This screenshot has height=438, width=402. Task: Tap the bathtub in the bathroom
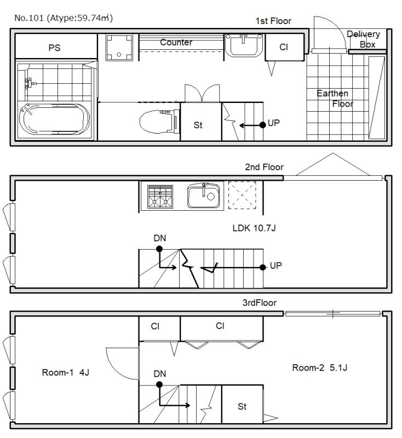[54, 119]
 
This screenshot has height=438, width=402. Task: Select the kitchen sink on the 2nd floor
[203, 195]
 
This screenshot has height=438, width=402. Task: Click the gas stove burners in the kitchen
[160, 197]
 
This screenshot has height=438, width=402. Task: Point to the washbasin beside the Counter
[244, 45]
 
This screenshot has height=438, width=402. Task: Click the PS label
[54, 48]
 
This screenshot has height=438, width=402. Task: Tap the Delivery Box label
[364, 39]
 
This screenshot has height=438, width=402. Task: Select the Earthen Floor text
[335, 99]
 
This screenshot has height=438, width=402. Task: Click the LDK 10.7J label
[254, 228]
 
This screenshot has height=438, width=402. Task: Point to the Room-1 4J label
[65, 372]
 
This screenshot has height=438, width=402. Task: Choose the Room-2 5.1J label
[320, 367]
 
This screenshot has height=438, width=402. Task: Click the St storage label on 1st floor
[198, 125]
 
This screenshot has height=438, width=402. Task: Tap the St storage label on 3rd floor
[242, 406]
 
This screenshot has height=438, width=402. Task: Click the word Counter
[176, 42]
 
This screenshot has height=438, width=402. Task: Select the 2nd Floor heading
[264, 167]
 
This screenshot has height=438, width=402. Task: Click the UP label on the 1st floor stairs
[273, 123]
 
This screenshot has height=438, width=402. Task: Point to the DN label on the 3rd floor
[159, 373]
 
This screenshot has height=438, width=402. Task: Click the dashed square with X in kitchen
[242, 195]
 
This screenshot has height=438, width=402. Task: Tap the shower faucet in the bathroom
[29, 83]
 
